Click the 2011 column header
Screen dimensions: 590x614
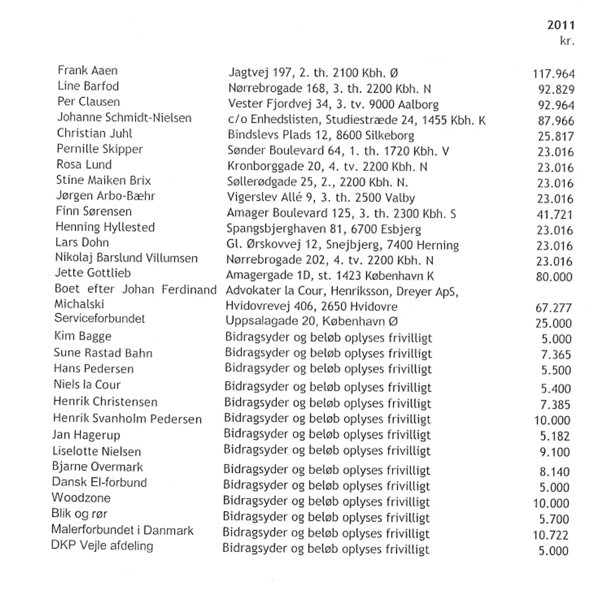[561, 25]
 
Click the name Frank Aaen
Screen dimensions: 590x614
[87, 70]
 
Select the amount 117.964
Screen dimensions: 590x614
[553, 74]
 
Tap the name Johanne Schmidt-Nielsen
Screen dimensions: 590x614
[124, 118]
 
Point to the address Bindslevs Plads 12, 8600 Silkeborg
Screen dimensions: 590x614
[321, 135]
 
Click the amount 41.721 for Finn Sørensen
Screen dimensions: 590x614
[554, 214]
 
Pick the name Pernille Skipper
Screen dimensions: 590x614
[100, 149]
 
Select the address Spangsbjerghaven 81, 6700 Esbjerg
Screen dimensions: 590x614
[324, 229]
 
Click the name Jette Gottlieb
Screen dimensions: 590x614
[93, 273]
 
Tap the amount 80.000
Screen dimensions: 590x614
[554, 277]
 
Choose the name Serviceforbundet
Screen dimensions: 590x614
[99, 319]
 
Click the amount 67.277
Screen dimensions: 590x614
[553, 308]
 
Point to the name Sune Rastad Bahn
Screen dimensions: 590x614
[103, 353]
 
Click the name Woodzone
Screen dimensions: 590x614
[81, 498]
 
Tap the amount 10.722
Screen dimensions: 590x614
[550, 535]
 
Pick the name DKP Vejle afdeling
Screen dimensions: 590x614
[102, 546]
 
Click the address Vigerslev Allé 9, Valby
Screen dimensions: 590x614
[321, 198]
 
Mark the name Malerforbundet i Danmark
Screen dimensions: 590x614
[122, 530]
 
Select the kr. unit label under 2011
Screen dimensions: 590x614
[567, 41]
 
